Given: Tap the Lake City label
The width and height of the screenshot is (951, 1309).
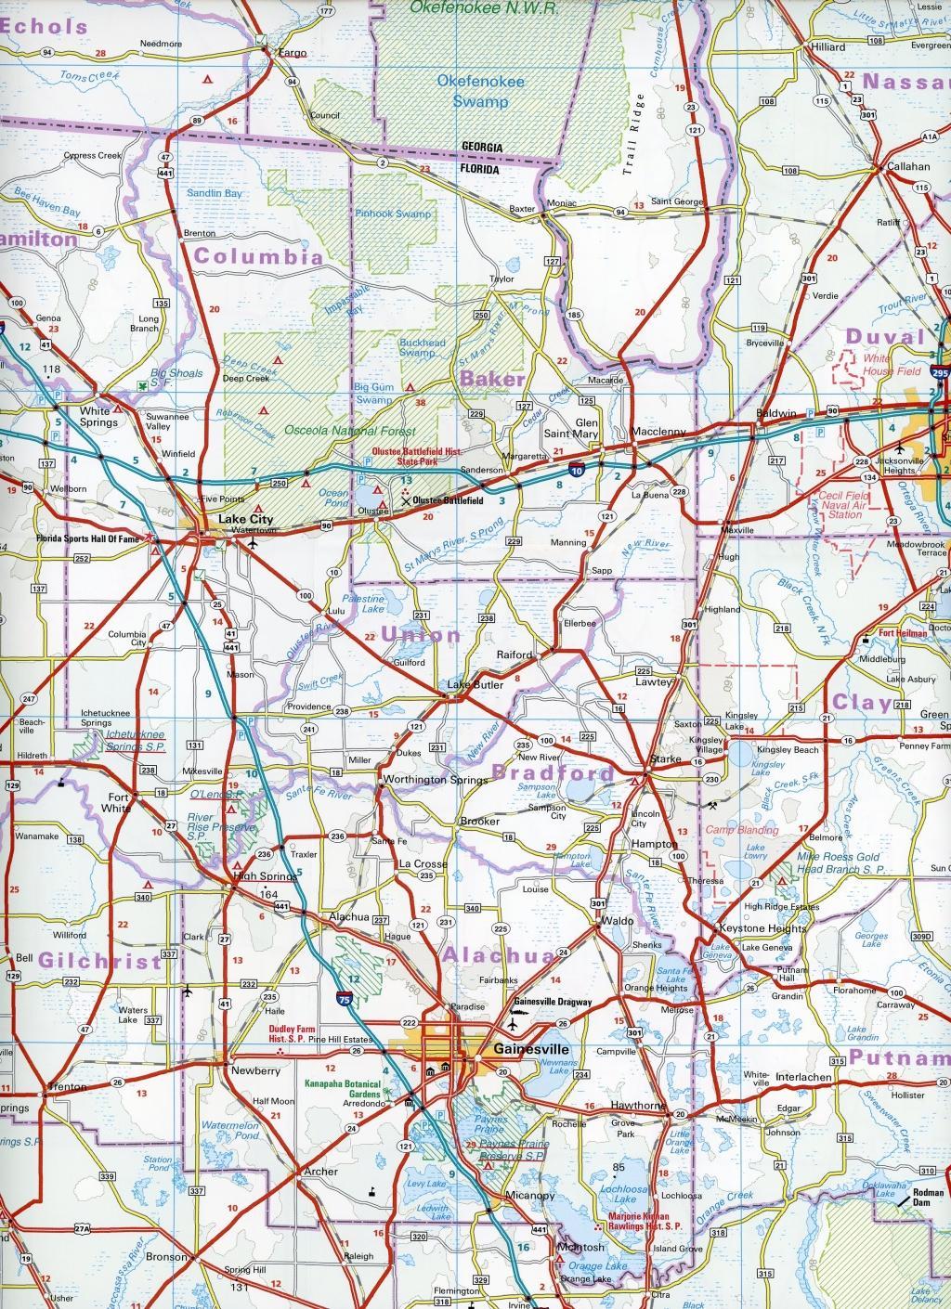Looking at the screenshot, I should tap(237, 520).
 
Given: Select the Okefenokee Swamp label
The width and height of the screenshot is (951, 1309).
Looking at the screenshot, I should tap(480, 92).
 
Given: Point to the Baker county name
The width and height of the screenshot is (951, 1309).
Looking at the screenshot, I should tap(491, 379).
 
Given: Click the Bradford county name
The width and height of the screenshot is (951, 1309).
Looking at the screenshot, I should tap(553, 771).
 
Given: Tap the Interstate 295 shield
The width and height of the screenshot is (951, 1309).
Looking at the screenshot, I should tap(941, 372).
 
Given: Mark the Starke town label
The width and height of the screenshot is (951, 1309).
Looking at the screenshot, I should tap(665, 759).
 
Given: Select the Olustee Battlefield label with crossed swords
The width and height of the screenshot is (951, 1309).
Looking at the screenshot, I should tap(448, 500).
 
